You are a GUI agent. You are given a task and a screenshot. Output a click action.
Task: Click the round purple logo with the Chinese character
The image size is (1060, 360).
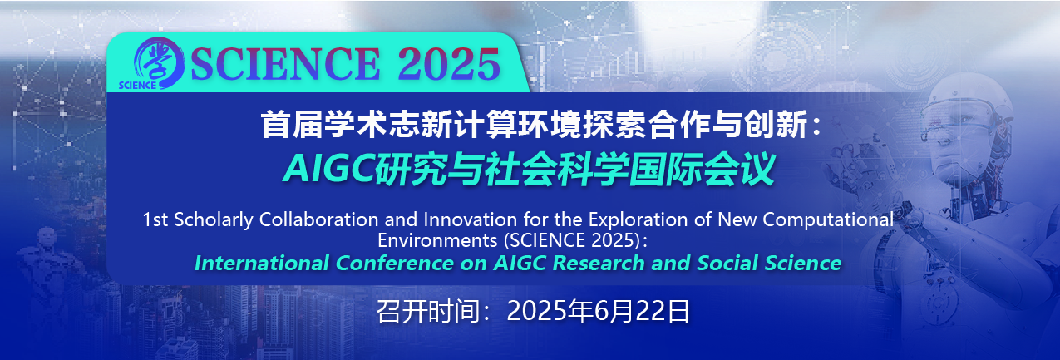[x=159, y=63]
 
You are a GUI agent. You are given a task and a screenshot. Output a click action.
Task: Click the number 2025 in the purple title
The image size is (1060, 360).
[x=449, y=64]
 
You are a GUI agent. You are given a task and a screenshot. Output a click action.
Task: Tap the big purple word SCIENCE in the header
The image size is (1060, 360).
[x=285, y=64]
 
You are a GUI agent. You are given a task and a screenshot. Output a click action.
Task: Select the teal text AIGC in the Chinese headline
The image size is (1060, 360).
[x=329, y=169]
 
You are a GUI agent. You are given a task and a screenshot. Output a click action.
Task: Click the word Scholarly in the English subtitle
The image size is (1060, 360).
[x=214, y=220]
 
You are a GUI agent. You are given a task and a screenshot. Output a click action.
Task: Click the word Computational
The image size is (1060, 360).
[x=828, y=220]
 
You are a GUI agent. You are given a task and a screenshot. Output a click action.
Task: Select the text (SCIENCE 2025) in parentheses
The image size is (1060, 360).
[x=573, y=240]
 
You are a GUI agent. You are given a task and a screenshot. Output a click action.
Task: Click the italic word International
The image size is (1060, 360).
[x=262, y=263]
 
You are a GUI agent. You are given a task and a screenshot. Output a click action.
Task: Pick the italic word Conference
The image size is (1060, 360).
[x=395, y=263]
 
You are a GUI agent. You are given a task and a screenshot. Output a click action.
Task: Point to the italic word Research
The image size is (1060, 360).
[x=598, y=263]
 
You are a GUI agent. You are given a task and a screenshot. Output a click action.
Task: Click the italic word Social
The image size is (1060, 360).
[x=727, y=263]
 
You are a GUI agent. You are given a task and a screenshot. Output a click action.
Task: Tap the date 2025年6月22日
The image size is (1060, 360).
[x=598, y=311]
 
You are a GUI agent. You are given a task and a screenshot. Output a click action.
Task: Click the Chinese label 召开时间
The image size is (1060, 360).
[x=428, y=311]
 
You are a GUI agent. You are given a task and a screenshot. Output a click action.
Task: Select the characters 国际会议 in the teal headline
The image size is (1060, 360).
[x=702, y=169]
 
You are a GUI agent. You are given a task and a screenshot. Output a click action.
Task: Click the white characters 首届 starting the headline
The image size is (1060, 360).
[x=292, y=125]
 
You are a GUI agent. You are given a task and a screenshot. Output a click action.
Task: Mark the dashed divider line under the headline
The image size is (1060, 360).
[x=518, y=200]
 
